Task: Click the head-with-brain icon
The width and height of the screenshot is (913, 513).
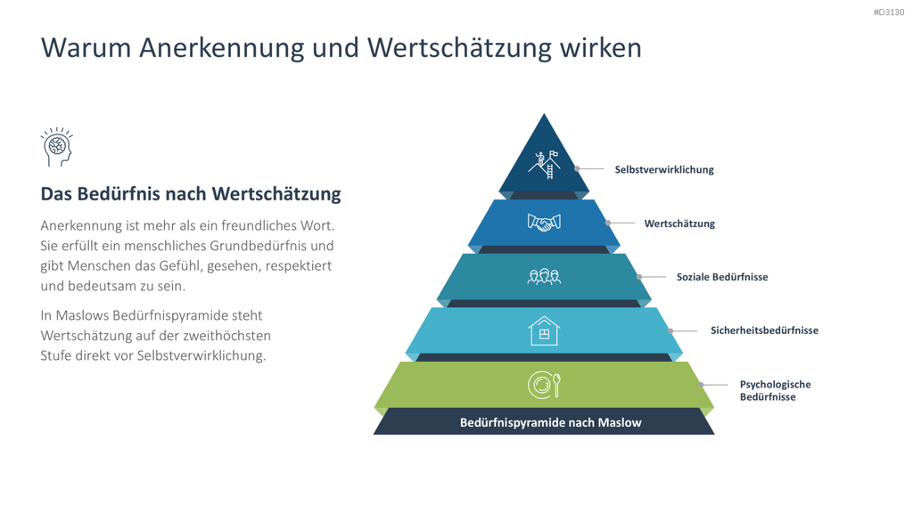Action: click(56, 147)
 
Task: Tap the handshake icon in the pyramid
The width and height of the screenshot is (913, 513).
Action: click(544, 223)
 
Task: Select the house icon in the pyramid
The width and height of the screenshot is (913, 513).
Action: click(544, 331)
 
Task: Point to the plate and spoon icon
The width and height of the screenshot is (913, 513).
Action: click(544, 385)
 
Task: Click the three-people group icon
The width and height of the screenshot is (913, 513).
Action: click(544, 277)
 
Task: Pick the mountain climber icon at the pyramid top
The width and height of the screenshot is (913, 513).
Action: click(544, 165)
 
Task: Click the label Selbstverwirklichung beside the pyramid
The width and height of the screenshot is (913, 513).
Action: click(664, 170)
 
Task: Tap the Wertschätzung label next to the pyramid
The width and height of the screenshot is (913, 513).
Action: click(679, 224)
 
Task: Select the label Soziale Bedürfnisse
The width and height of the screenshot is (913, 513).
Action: click(722, 277)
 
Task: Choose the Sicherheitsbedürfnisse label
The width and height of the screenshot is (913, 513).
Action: click(764, 330)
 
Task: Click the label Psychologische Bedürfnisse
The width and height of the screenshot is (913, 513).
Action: click(775, 390)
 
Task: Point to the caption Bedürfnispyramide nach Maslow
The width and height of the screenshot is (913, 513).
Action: click(551, 423)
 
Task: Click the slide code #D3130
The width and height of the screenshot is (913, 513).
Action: click(889, 12)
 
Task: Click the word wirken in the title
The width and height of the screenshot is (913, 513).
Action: click(601, 48)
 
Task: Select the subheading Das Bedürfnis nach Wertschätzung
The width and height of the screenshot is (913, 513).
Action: click(191, 193)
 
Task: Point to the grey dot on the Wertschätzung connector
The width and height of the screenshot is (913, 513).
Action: click(608, 223)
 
